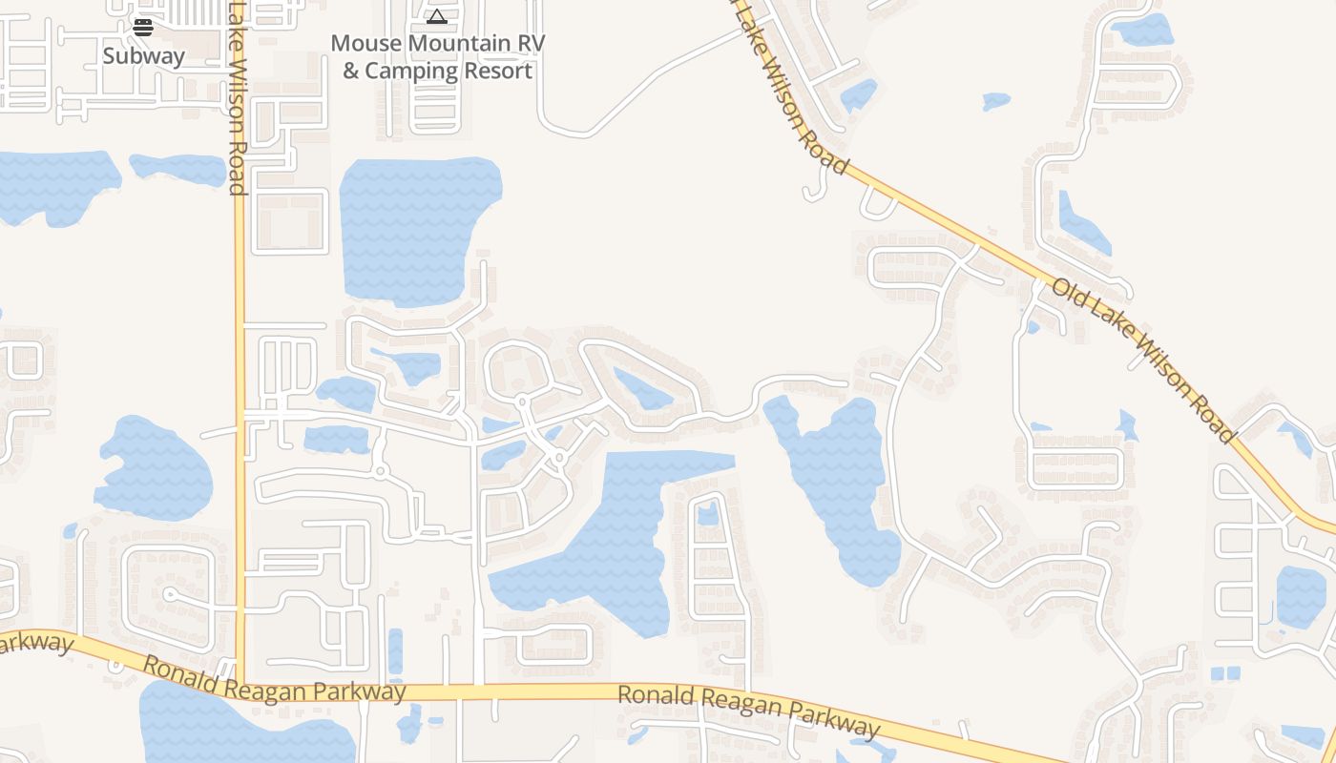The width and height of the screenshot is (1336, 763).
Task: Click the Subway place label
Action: click(x=143, y=56)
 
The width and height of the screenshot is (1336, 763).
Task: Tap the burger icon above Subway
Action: click(x=143, y=28)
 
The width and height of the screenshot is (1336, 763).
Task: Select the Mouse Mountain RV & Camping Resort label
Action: click(x=437, y=57)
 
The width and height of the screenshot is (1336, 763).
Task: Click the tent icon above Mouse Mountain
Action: click(x=437, y=16)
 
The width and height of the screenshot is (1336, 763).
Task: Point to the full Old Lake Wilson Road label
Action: click(x=1143, y=360)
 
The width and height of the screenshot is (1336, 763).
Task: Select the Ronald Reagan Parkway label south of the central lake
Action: click(x=748, y=711)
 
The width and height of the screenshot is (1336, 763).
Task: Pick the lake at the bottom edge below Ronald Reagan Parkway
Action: click(x=239, y=730)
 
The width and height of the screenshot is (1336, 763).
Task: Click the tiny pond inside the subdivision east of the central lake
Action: click(x=707, y=514)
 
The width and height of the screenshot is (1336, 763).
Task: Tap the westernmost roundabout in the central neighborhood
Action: click(x=380, y=471)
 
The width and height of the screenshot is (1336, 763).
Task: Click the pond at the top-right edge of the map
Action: click(x=1142, y=31)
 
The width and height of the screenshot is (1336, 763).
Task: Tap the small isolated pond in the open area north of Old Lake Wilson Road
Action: click(x=995, y=99)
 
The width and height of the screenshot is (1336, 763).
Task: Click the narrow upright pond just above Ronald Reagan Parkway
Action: click(x=395, y=650)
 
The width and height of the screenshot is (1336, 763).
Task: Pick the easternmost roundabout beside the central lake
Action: click(x=560, y=458)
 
